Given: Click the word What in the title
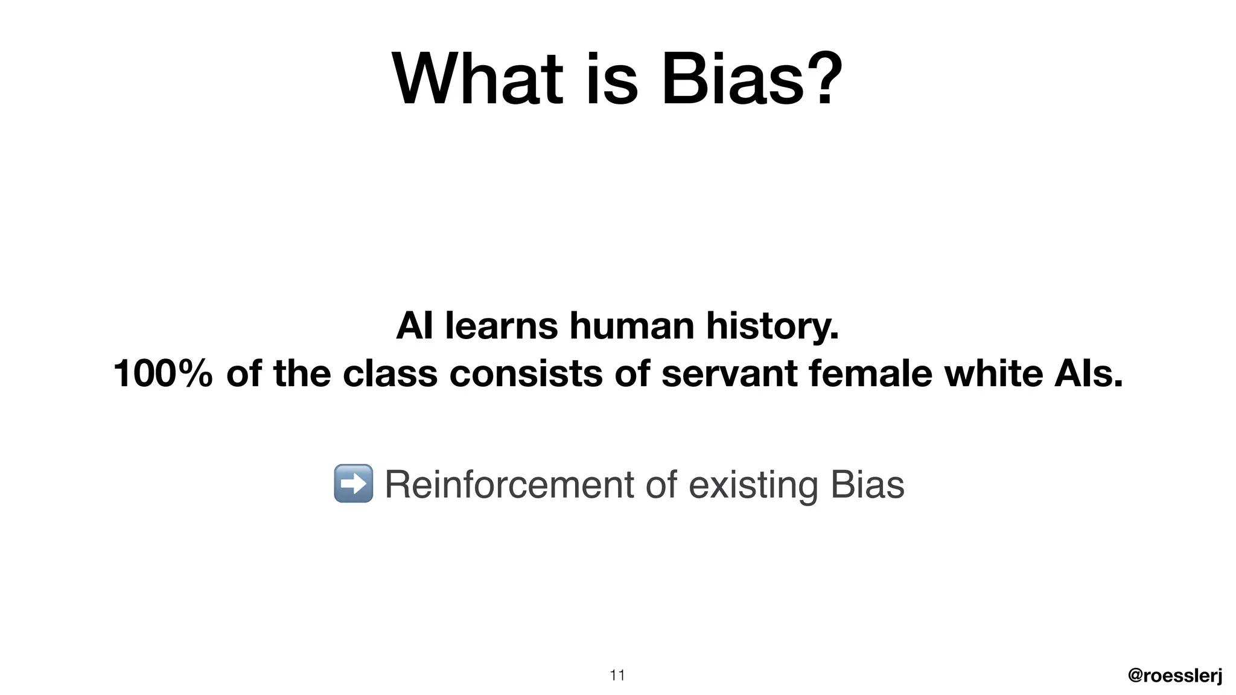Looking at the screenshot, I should coord(477,80).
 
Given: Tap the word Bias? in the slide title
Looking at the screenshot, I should coord(751,80).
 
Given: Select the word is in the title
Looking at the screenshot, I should coord(611,80).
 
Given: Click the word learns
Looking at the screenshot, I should coord(502,326).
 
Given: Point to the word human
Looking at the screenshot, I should coord(632,326).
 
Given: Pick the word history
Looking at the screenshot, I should coord(772,327).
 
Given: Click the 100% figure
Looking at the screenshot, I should coord(163,373).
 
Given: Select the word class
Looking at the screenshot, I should coord(390,373).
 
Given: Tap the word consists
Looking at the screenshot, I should coord(526,373).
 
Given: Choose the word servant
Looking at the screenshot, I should coord(729,373).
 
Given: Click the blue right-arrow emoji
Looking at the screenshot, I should coord(353,483).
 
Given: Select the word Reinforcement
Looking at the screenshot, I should coord(509,484).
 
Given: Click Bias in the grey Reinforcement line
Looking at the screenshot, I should coord(867,484).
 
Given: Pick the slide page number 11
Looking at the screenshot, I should coord(617,675).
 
